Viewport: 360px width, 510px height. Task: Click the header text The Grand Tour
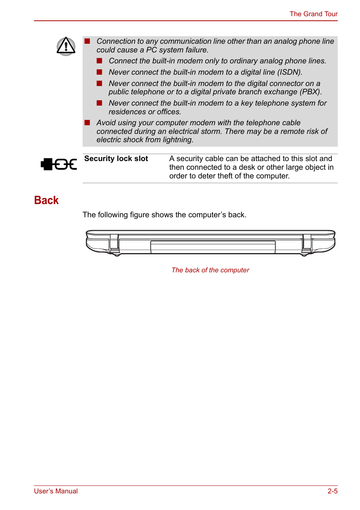[x=313, y=14]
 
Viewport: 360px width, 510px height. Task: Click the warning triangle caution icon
[x=66, y=46]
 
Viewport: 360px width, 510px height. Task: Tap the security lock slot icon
[x=59, y=164]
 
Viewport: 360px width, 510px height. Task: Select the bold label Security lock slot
[x=116, y=159]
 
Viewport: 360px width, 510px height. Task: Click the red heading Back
[x=46, y=200]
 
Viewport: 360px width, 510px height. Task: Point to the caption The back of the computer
[x=210, y=270]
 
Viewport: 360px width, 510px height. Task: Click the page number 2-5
[x=332, y=491]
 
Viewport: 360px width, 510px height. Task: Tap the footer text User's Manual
[x=56, y=491]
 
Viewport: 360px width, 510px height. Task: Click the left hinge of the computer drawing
[x=114, y=244]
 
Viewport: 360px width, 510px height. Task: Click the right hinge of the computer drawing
[x=307, y=244]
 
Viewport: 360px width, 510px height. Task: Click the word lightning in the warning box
[x=178, y=140]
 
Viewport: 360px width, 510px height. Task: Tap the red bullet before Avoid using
[x=87, y=123]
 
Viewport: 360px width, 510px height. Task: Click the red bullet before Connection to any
[x=87, y=41]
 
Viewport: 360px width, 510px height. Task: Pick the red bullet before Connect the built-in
[x=100, y=61]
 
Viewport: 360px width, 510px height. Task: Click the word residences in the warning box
[x=127, y=112]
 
